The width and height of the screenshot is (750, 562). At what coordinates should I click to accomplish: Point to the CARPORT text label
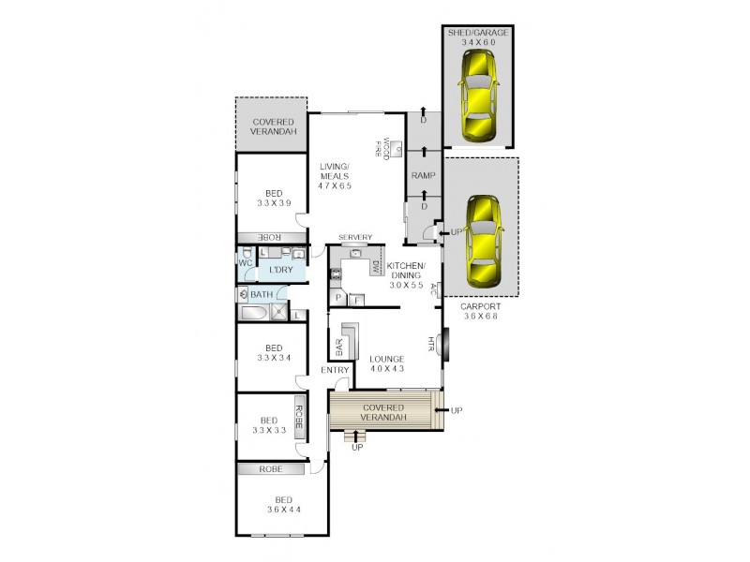[481, 305]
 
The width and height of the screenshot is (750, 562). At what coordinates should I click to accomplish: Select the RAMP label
[422, 175]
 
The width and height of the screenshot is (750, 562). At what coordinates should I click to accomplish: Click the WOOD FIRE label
[382, 148]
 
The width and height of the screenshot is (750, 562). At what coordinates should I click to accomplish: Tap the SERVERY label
[355, 237]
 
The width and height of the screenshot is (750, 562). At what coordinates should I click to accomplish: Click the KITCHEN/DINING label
[406, 271]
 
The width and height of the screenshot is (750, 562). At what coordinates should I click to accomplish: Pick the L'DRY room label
[282, 271]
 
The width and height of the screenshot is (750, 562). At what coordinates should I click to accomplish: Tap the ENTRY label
[335, 371]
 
